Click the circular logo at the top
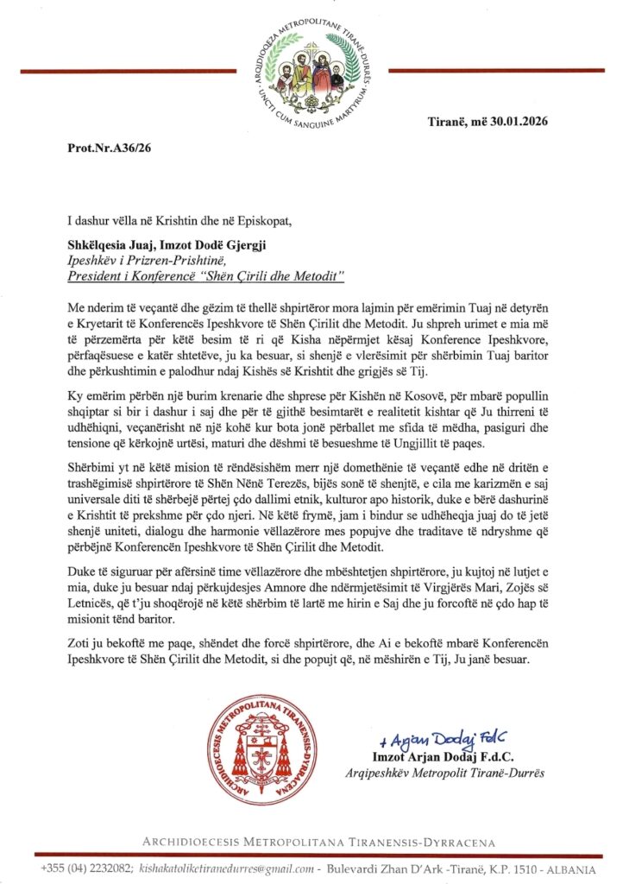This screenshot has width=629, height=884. click(314, 70)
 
